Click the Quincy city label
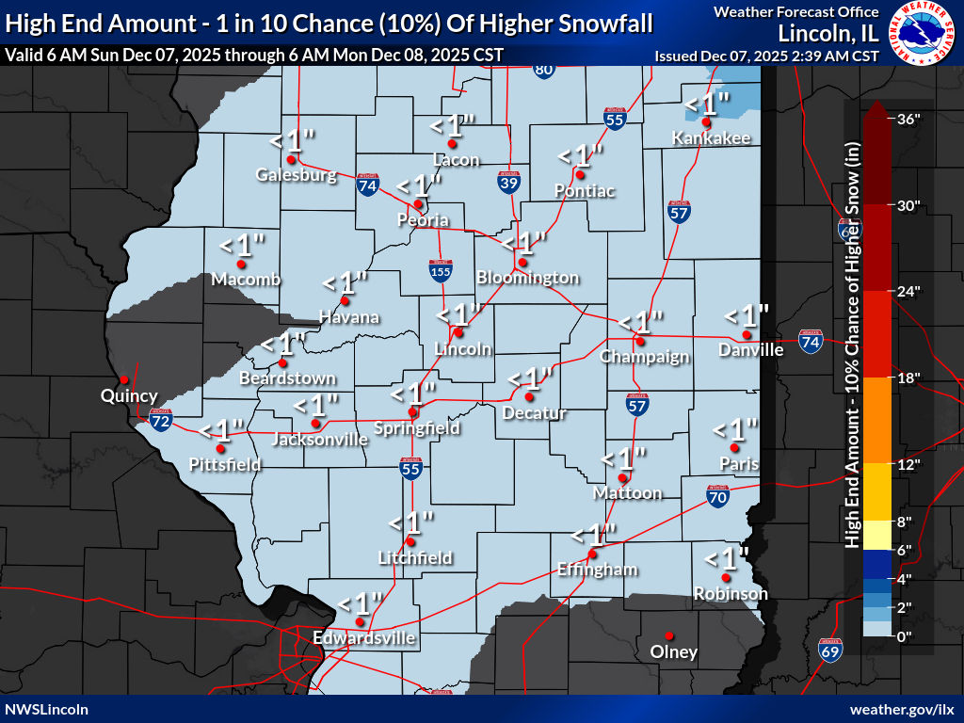click(x=129, y=396)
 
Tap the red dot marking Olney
click(x=669, y=635)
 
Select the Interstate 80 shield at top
click(x=543, y=69)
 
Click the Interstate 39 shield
click(x=508, y=183)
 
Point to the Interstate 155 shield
click(x=440, y=269)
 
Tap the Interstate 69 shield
click(x=830, y=649)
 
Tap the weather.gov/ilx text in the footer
click(x=902, y=709)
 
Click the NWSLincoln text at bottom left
click(x=47, y=709)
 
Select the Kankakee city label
click(x=711, y=138)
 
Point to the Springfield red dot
click(x=412, y=412)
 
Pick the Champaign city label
click(x=645, y=357)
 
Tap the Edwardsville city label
click(x=364, y=638)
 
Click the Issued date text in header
click(x=766, y=56)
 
